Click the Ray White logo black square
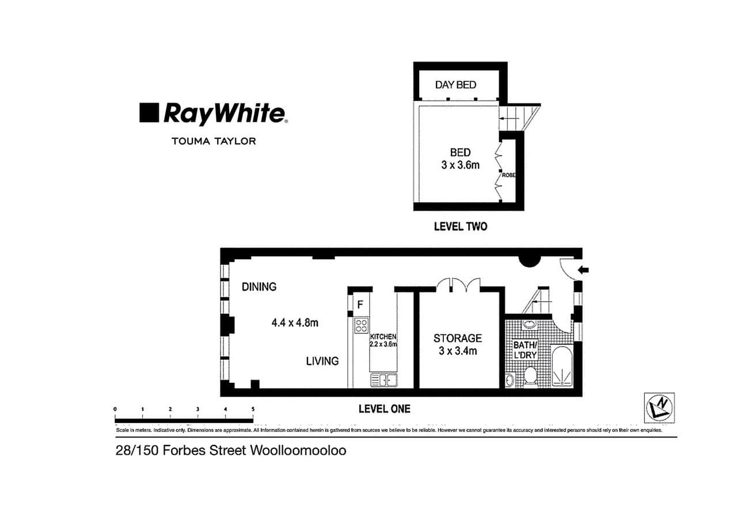point(149,113)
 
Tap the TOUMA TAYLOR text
point(213,140)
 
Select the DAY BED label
point(455,85)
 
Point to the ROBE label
point(508,175)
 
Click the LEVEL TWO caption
point(460,226)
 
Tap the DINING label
point(259,286)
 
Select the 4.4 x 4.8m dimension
point(295,323)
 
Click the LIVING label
point(322,361)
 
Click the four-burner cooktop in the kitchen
point(361,326)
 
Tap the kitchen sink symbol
point(384,380)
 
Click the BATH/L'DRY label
point(525,350)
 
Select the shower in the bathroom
point(561,366)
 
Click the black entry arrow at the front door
point(583,269)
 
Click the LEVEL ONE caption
point(384,409)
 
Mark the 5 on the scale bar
point(253,409)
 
